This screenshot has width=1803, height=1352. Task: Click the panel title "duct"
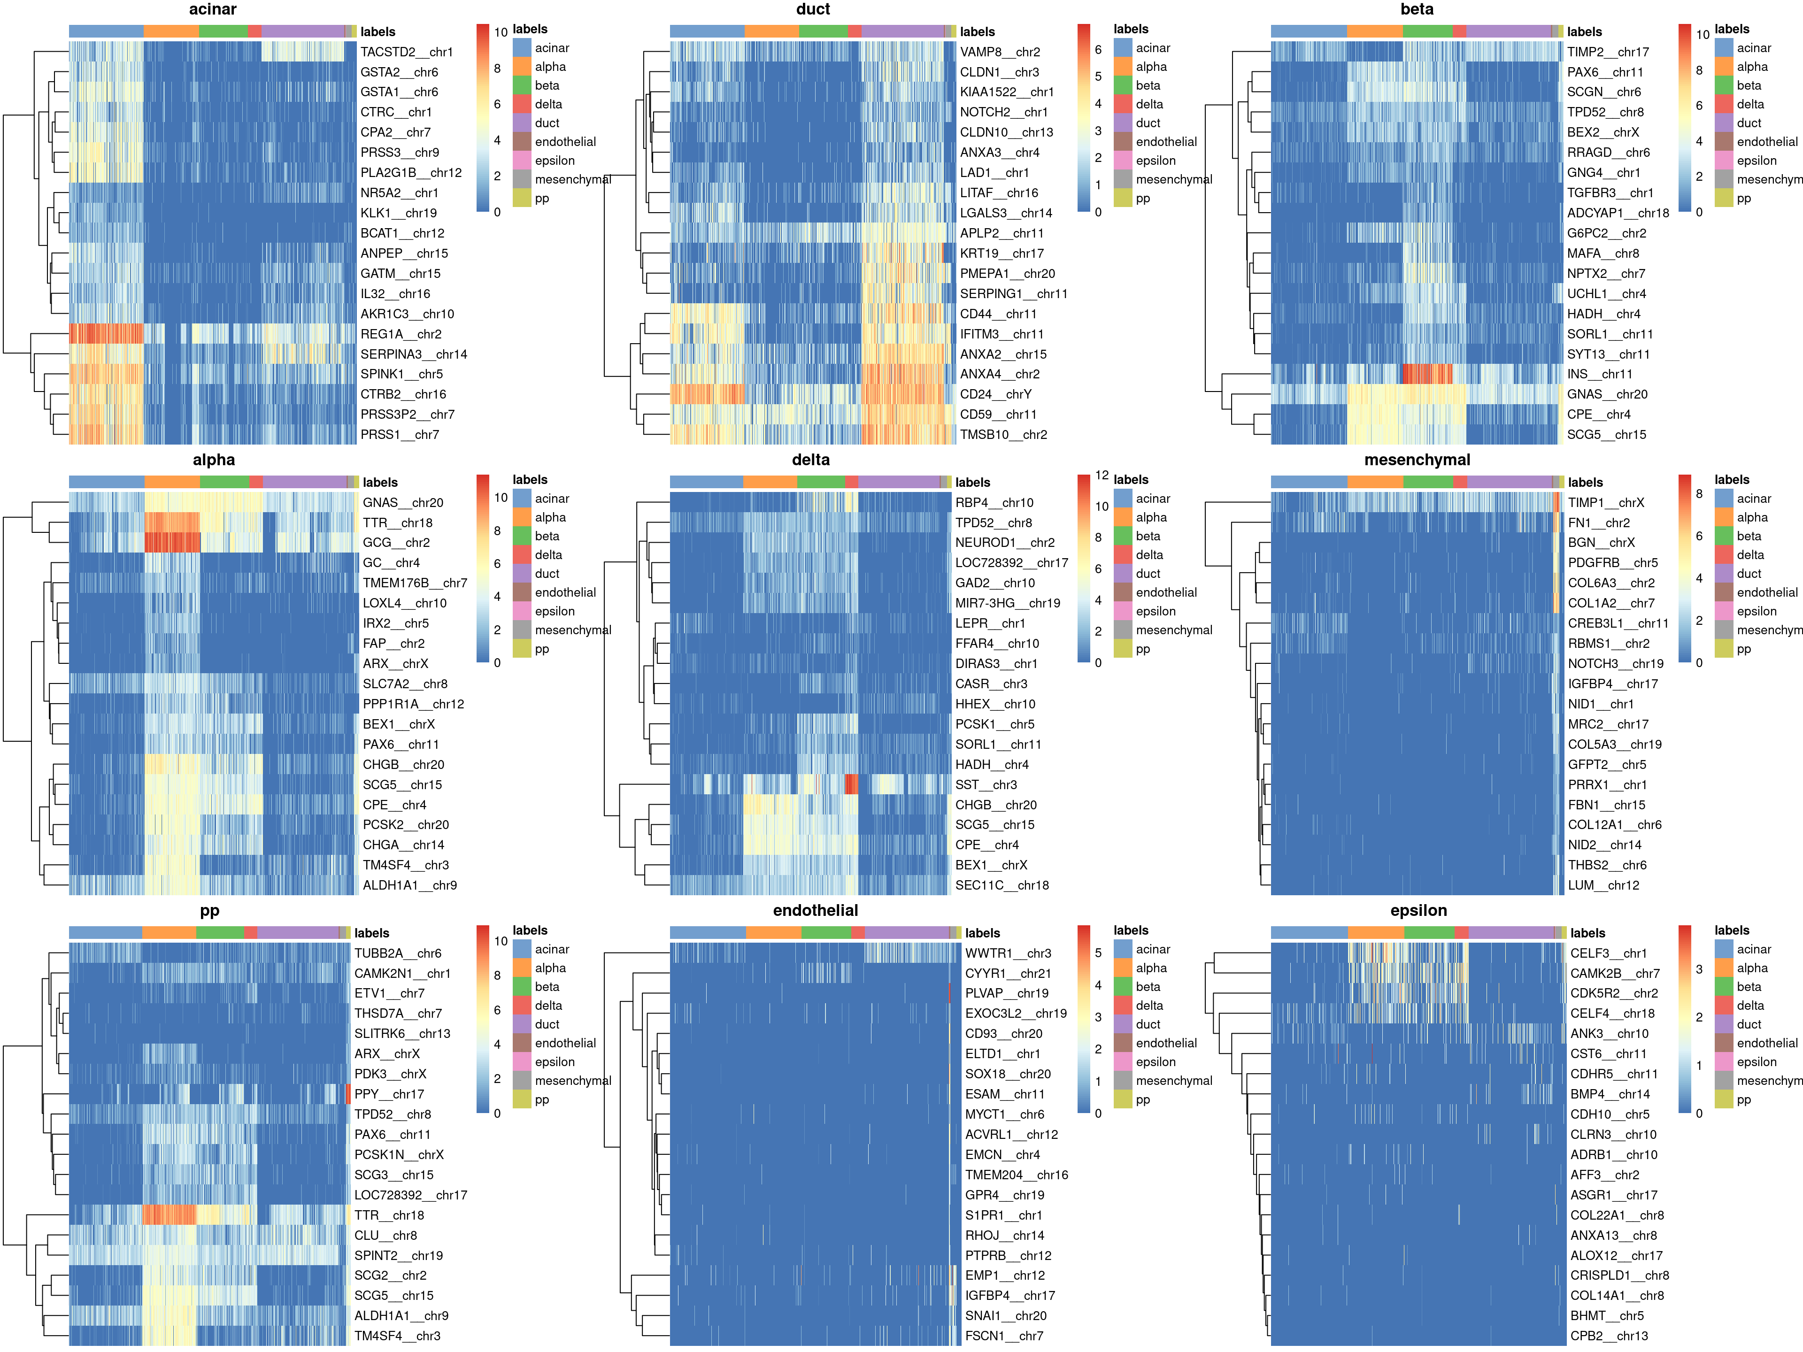[x=813, y=10]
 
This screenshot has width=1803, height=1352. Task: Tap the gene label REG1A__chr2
[x=400, y=334]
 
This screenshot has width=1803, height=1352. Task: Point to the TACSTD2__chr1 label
[x=406, y=52]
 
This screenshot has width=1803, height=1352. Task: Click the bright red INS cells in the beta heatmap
[x=1426, y=374]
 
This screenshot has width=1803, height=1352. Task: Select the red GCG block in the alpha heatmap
[x=172, y=543]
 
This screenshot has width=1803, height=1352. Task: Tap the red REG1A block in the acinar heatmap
[x=106, y=334]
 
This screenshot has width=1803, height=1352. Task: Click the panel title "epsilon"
[x=1418, y=911]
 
